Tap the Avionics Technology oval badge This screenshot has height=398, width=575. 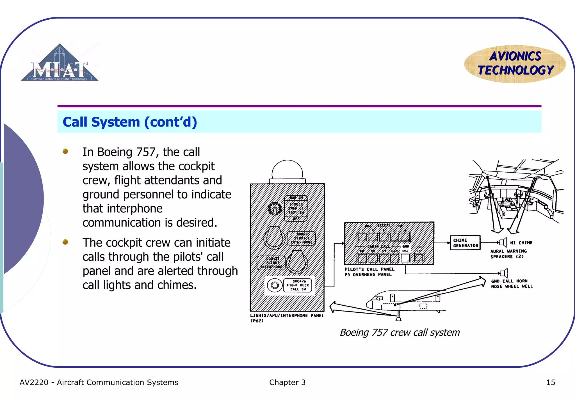pyautogui.click(x=515, y=64)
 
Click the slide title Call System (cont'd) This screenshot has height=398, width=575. pyautogui.click(x=130, y=122)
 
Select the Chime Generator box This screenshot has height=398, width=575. pyautogui.click(x=465, y=243)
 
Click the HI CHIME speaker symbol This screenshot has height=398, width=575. pyautogui.click(x=503, y=242)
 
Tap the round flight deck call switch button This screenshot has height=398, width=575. pyautogui.click(x=275, y=285)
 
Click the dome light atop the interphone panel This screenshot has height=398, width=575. pyautogui.click(x=287, y=170)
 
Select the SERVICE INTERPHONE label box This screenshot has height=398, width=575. pyautogui.click(x=302, y=238)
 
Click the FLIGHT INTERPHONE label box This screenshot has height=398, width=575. pyautogui.click(x=271, y=263)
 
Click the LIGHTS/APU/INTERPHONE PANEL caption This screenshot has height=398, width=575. pyautogui.click(x=287, y=316)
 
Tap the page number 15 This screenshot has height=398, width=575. pyautogui.click(x=550, y=382)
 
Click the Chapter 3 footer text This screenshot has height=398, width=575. pyautogui.click(x=287, y=382)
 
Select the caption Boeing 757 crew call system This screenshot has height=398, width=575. pyautogui.click(x=400, y=332)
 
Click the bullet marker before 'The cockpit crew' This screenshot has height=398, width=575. pyautogui.click(x=65, y=242)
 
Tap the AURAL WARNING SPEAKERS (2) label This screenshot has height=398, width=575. pyautogui.click(x=508, y=254)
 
